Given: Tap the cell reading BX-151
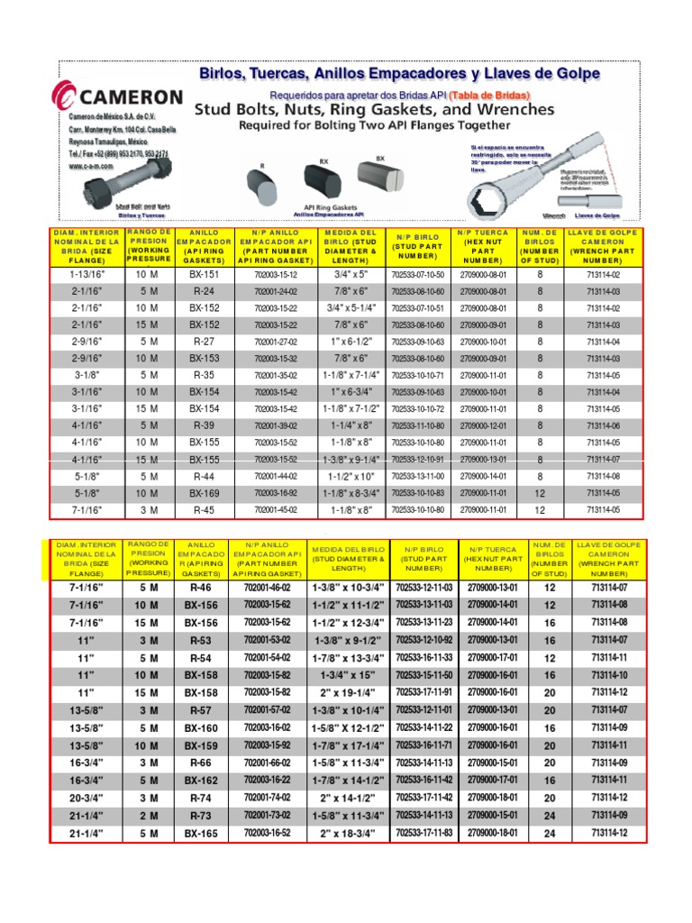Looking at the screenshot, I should (x=205, y=274).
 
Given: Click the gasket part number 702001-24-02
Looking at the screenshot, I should (x=276, y=291).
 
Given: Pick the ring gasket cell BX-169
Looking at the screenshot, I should (x=205, y=493).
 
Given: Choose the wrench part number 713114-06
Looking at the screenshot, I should (x=603, y=425).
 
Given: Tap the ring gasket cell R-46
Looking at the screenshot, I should (x=200, y=588).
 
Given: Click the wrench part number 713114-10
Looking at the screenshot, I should (x=609, y=675).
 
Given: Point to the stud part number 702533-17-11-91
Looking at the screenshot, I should (x=424, y=691).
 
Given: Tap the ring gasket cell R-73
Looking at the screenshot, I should (x=200, y=816).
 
